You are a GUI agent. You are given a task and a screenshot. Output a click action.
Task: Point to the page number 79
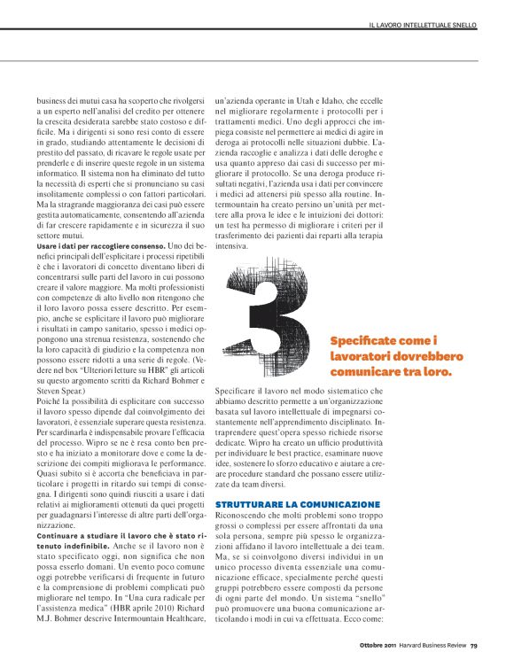point(474,644)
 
